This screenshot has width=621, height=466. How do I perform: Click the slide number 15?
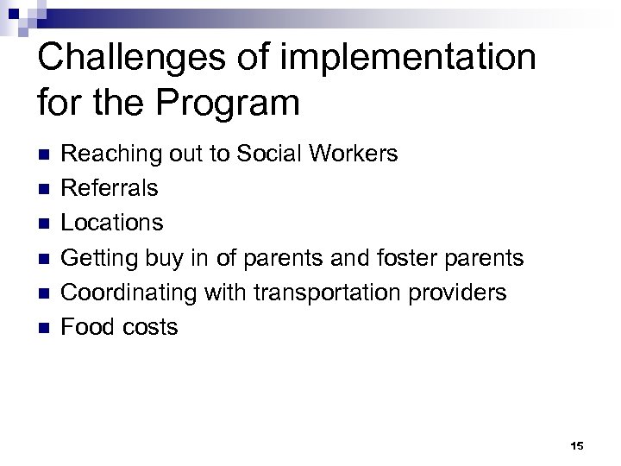coord(577,446)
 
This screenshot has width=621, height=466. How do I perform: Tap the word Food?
coord(89,326)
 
